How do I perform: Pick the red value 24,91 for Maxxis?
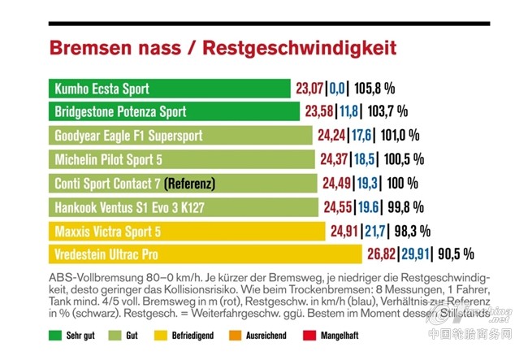click(x=346, y=231)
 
